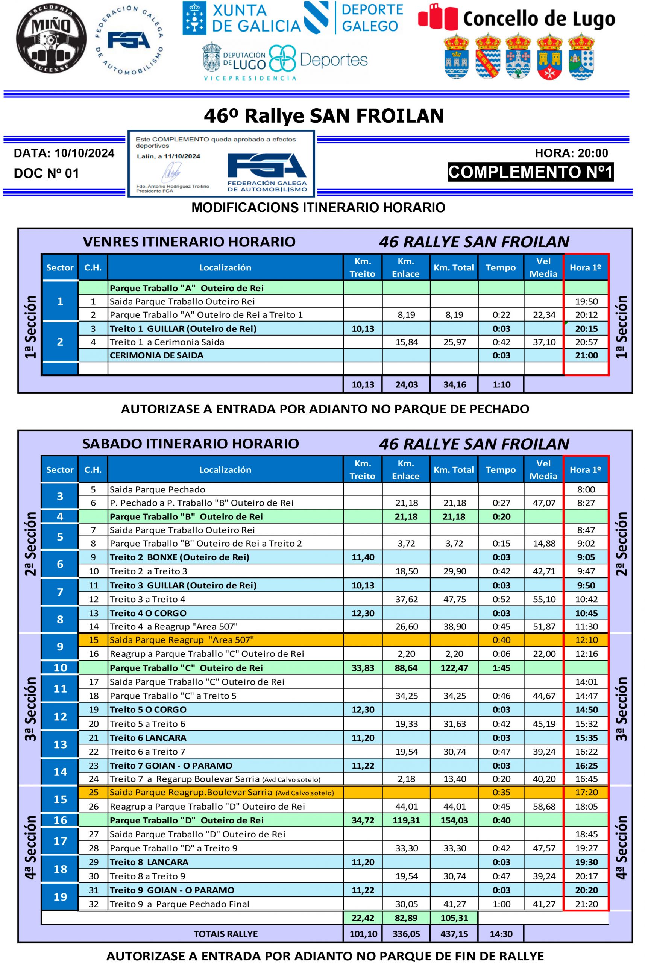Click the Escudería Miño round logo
coord(51,39)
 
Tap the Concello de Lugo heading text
coord(539,19)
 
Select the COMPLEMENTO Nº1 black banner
coord(531,172)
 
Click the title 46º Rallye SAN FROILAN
coord(324,116)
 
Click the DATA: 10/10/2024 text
coord(64,153)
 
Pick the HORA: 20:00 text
coord(571,153)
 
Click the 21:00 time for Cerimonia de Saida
coord(586,355)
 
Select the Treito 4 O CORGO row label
coord(148,613)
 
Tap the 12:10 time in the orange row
coord(586,640)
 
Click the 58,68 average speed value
coord(544,806)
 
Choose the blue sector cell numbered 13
coord(60,744)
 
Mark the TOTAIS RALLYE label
coord(225,934)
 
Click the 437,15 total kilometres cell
coord(454,934)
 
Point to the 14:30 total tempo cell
coord(501,934)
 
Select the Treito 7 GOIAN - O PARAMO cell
coord(171,766)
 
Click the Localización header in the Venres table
coord(225,268)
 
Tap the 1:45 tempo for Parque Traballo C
coord(501,668)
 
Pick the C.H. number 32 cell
coord(93,904)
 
